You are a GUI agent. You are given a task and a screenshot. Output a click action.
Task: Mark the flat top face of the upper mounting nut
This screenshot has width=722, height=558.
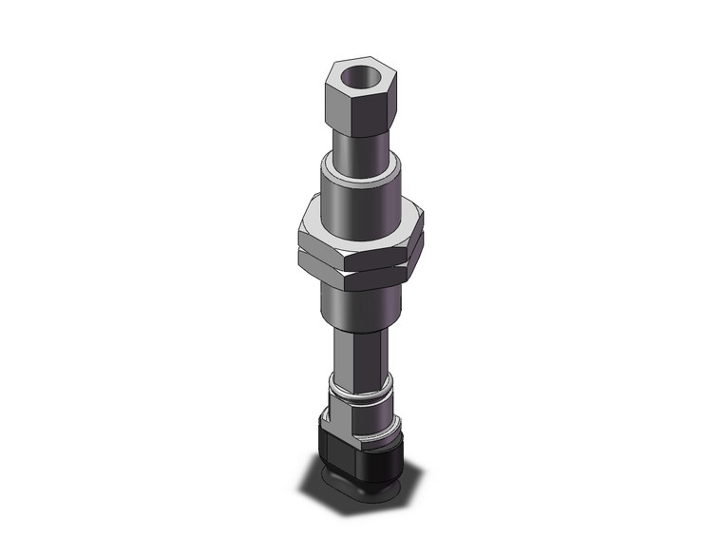click(313, 221)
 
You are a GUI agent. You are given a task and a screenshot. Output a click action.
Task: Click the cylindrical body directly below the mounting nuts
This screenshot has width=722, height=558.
click(364, 299)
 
